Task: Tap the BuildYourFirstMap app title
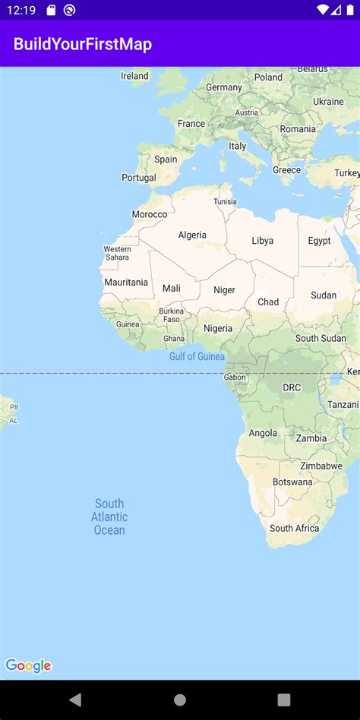point(82,45)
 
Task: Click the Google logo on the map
point(28,666)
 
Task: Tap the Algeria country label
point(192,235)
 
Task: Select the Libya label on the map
point(262,241)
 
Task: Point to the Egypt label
point(319,241)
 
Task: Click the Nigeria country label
point(218,329)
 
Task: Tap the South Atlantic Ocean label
point(109,516)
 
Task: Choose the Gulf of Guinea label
point(197,356)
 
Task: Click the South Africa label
point(294,528)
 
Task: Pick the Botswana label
point(292,482)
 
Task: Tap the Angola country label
point(263,433)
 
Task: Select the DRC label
point(292,387)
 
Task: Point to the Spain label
point(166,159)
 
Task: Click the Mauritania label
point(126,283)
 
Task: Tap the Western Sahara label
point(117,253)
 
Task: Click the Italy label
point(238,146)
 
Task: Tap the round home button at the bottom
point(180,699)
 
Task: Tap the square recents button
point(283,699)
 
